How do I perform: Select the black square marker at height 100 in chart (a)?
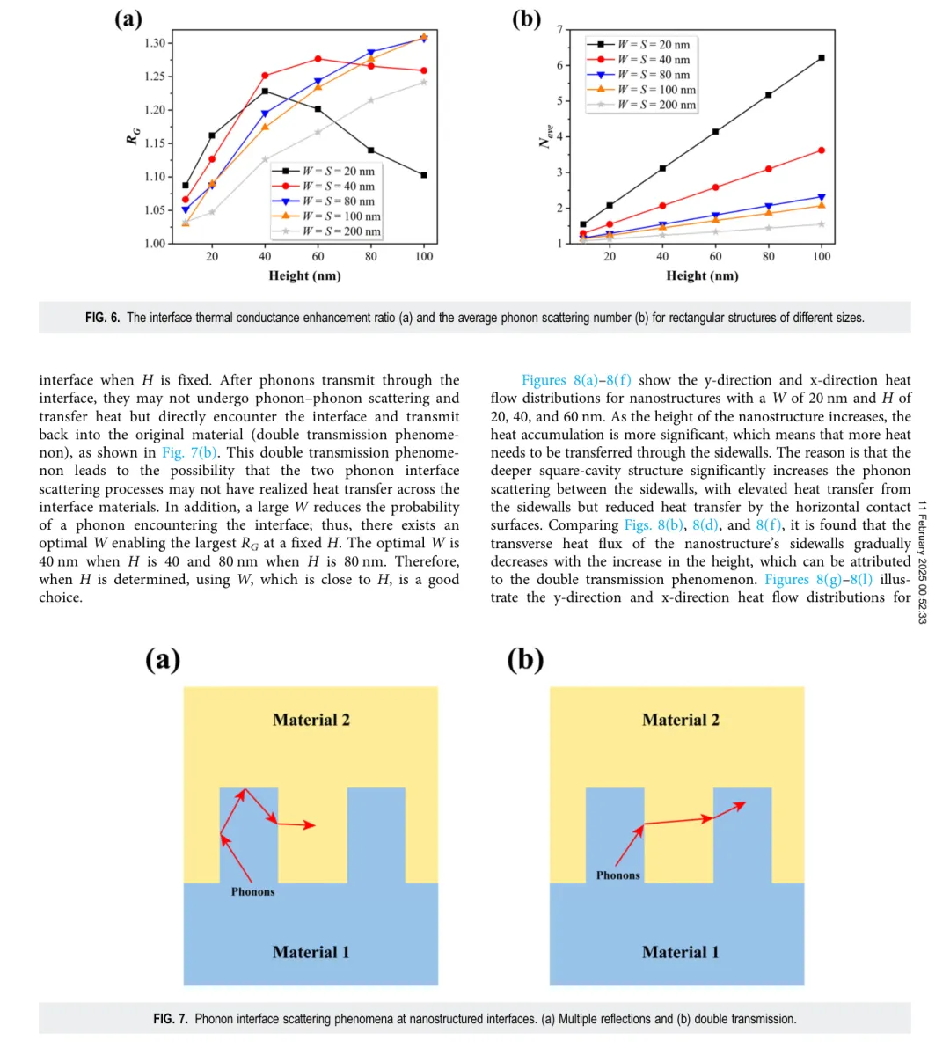point(424,175)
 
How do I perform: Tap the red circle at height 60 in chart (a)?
point(318,59)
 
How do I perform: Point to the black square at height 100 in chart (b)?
point(822,58)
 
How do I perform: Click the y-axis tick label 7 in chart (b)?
point(560,30)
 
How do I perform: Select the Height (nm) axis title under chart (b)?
point(702,275)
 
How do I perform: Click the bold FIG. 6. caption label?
point(102,318)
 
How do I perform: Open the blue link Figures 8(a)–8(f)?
point(576,380)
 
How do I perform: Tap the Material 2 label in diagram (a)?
point(311,720)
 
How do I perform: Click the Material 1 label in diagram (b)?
point(680,952)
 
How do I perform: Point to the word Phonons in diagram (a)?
point(252,891)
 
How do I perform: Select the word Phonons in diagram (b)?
point(618,875)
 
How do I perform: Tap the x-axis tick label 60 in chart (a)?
point(318,256)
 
